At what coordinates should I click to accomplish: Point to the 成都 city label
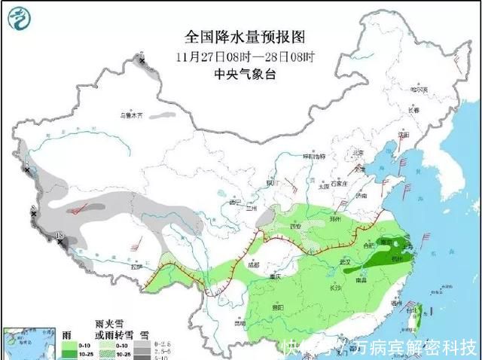coord(252,264)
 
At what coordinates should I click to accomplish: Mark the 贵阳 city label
coord(278,307)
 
